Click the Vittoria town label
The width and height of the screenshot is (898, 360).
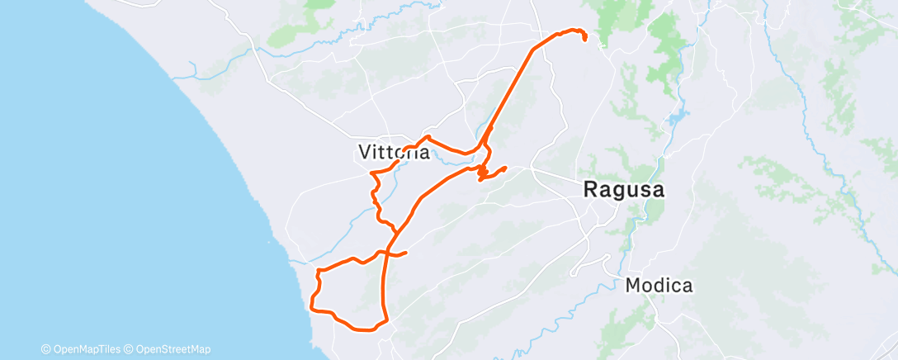pyautogui.click(x=395, y=152)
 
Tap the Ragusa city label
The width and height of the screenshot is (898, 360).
pyautogui.click(x=624, y=189)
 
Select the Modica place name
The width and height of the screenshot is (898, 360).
pyautogui.click(x=659, y=286)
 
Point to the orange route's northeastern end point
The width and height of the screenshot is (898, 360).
pyautogui.click(x=585, y=38)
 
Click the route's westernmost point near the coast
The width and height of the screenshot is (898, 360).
pyautogui.click(x=311, y=307)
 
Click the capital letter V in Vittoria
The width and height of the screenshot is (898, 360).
pyautogui.click(x=366, y=152)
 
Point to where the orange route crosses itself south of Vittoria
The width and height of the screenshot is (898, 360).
pyautogui.click(x=394, y=234)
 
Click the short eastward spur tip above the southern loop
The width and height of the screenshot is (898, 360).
pyautogui.click(x=406, y=253)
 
